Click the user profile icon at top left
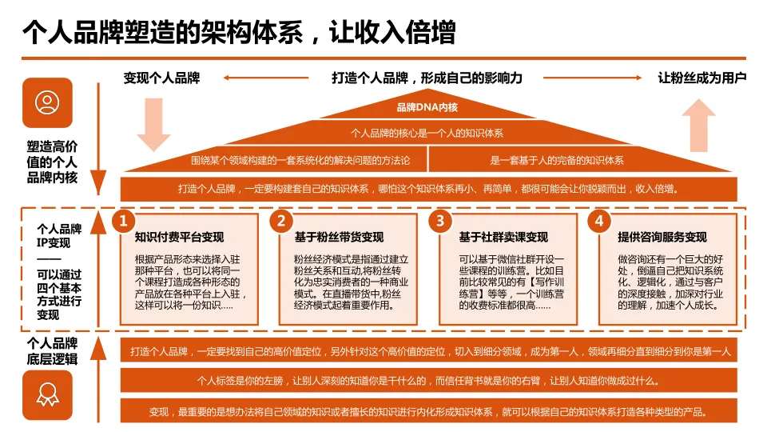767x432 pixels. [x=48, y=102]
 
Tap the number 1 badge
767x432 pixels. [x=121, y=221]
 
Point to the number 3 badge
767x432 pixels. [x=440, y=221]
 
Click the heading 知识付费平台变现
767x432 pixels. [x=179, y=238]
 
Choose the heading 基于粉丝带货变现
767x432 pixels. [x=339, y=238]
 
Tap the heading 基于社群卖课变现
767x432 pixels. [x=503, y=238]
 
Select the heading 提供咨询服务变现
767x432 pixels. [x=662, y=238]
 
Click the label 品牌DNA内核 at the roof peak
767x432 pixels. [x=427, y=107]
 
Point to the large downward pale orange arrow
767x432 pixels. [x=153, y=125]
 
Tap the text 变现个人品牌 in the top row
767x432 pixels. [x=161, y=78]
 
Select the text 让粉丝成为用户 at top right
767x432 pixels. [x=701, y=78]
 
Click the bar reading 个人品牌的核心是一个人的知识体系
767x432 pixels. [x=427, y=133]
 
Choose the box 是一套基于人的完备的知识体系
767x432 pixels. [x=557, y=160]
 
